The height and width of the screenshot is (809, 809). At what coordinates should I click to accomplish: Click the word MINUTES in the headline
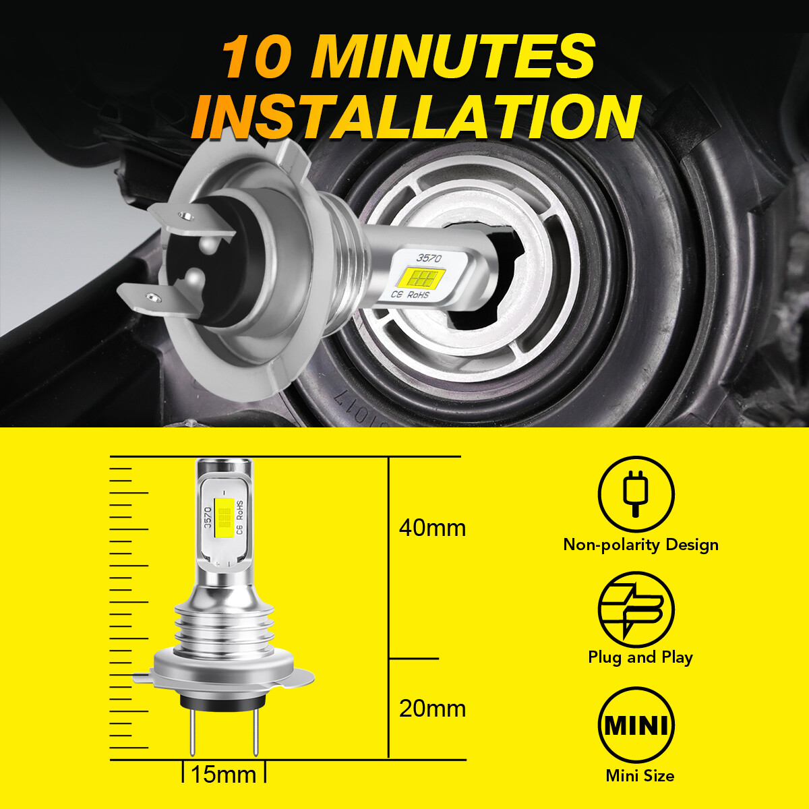(453, 57)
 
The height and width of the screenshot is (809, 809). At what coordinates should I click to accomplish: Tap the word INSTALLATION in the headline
(415, 117)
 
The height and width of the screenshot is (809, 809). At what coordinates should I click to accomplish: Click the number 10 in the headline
(256, 58)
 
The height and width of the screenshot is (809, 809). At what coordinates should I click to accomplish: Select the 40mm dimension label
(432, 527)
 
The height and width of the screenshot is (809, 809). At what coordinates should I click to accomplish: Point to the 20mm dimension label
(432, 709)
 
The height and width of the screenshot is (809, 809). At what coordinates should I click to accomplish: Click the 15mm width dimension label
(223, 775)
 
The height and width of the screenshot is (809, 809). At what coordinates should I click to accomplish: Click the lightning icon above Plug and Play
(636, 609)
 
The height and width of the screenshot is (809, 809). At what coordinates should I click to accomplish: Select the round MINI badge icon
(636, 725)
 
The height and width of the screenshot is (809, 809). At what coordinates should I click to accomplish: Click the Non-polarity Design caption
(640, 545)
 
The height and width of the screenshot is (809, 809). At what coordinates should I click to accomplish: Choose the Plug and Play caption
(640, 657)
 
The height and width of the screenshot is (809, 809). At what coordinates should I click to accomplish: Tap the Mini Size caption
(639, 776)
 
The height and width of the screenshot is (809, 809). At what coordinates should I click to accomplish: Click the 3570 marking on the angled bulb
(429, 258)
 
